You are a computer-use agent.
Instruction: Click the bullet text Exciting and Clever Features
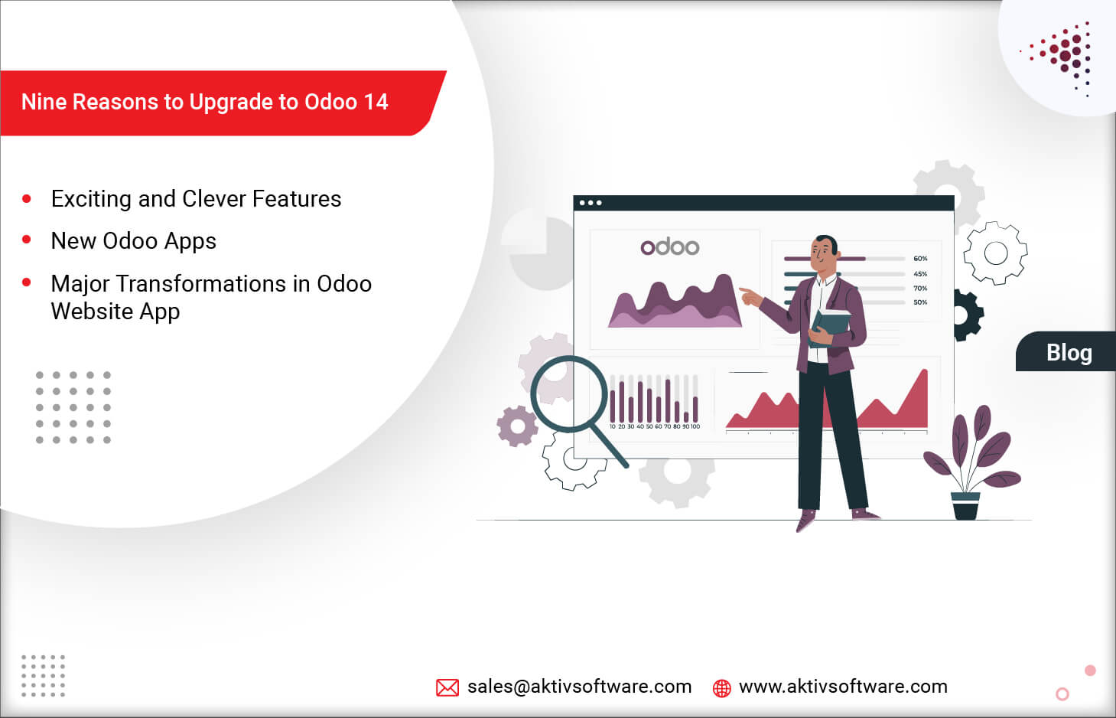(196, 199)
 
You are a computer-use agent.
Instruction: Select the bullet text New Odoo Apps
(133, 241)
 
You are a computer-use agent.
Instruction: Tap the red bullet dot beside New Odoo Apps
(27, 240)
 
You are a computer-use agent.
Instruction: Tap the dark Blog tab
(1068, 352)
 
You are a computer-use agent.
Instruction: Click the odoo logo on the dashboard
(670, 246)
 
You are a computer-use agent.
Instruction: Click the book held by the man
(831, 326)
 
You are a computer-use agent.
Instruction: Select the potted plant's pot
(965, 506)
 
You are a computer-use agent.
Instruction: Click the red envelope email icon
(447, 687)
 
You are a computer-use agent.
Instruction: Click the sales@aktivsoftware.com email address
(579, 687)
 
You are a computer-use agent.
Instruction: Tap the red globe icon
(721, 688)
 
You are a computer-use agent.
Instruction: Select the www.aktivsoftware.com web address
(843, 687)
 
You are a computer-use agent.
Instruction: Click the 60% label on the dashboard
(920, 259)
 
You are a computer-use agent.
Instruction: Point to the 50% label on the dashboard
(920, 302)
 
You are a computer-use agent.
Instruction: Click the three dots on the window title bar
(590, 203)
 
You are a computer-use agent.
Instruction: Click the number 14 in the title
(376, 103)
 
